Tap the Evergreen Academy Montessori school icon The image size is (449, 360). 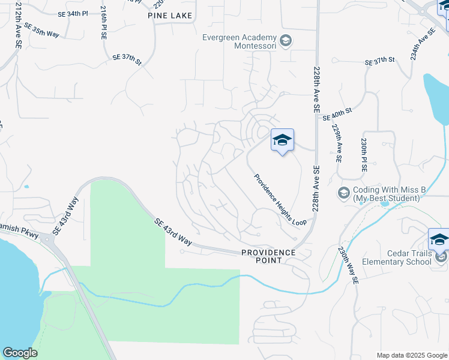pos(286,41)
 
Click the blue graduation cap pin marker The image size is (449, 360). pos(282,140)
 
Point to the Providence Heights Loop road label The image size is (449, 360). pos(280,199)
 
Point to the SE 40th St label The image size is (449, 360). pos(336,115)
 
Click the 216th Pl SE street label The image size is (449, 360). pos(104,23)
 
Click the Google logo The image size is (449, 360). pos(20,353)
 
